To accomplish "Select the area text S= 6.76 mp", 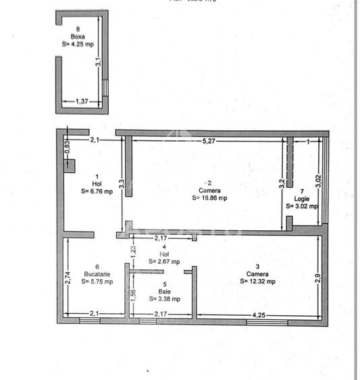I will point(95,190).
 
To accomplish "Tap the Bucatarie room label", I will point(95,274).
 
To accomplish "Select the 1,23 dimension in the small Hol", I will point(133,250).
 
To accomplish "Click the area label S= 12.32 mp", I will point(261,281).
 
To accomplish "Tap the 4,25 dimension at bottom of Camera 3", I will point(259,314).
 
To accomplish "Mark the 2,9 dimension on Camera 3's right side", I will point(317,277).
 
